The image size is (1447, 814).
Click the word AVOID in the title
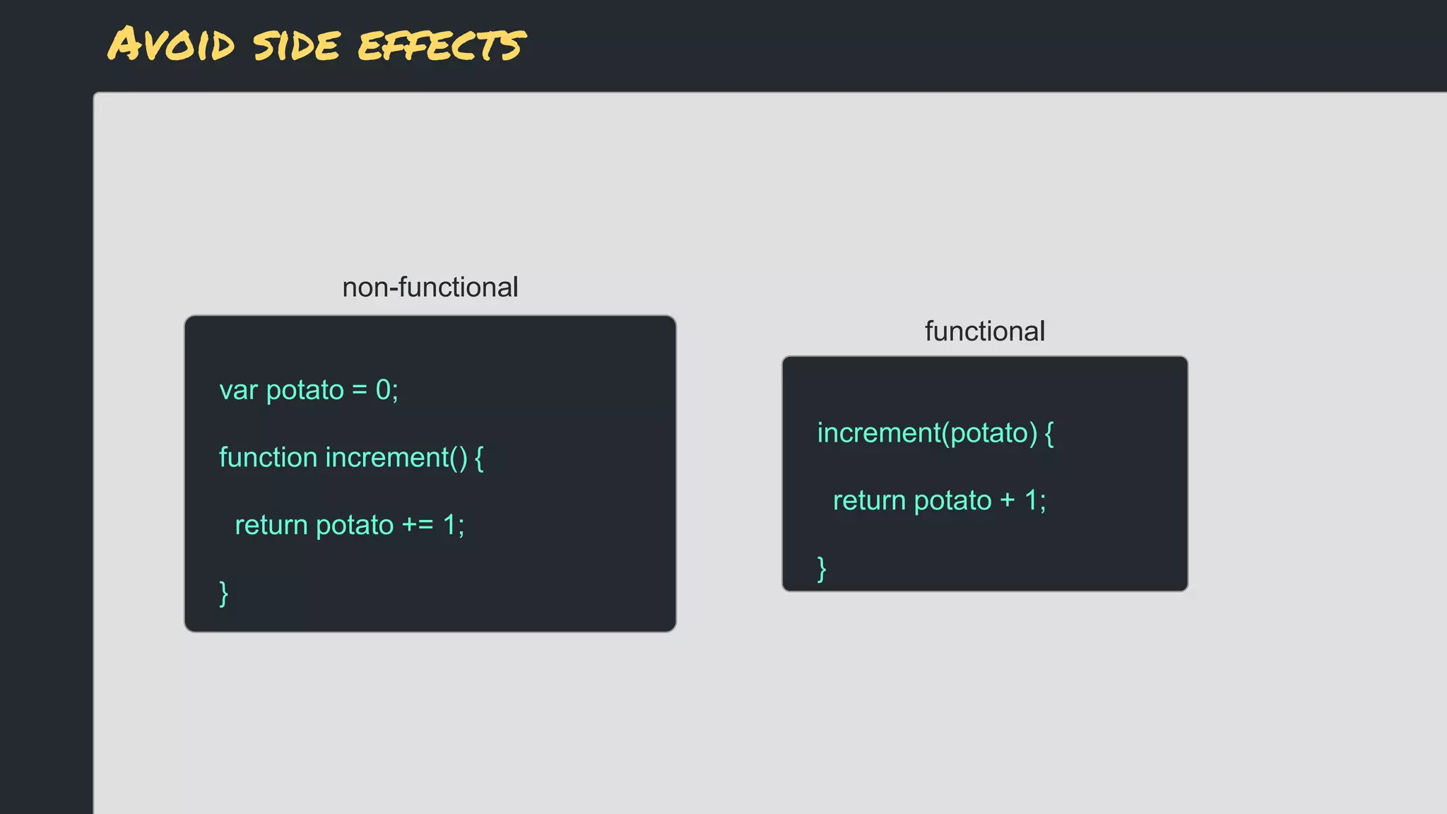[171, 45]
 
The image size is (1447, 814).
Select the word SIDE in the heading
[297, 46]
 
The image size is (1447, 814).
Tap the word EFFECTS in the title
[442, 46]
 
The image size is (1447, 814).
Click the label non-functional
[430, 288]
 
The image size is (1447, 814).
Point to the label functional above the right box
[984, 331]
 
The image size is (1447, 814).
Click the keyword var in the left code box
[238, 391]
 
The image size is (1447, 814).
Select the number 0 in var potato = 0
[383, 390]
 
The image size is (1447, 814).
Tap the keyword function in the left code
[268, 458]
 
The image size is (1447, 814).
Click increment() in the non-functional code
[396, 458]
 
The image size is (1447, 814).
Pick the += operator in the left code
[418, 526]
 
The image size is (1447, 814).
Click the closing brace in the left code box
[224, 594]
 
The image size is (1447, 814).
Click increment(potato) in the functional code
[927, 433]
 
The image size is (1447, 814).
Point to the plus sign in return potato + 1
[1008, 501]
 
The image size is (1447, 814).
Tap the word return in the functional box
[869, 501]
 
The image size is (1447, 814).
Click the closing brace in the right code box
[822, 568]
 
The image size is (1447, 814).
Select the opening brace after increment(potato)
[1049, 433]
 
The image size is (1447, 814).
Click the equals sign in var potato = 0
[360, 391]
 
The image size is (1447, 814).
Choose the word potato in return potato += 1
[354, 526]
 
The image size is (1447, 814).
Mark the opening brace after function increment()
[479, 458]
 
